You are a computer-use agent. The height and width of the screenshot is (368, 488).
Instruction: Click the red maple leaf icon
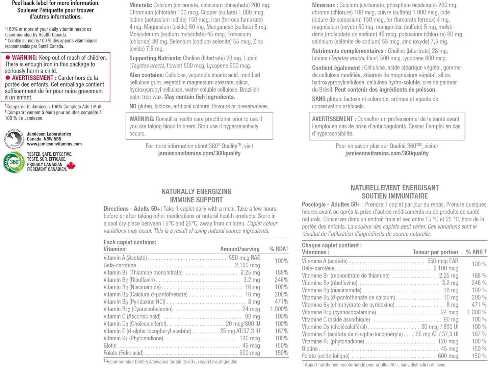[71, 165]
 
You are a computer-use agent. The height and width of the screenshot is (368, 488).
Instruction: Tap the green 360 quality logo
[14, 162]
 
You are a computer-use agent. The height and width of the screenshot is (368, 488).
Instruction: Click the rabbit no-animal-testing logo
[14, 139]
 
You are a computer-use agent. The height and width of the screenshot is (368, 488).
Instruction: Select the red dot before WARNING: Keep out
[8, 58]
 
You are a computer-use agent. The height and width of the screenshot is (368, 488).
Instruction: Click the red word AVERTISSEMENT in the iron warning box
[32, 78]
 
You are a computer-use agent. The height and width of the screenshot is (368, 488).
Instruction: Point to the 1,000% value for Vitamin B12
[279, 309]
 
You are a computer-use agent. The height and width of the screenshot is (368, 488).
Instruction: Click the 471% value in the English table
[281, 301]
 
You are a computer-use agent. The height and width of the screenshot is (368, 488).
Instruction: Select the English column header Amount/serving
[240, 249]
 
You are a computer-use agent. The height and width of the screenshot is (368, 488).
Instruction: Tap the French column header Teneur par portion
[435, 252]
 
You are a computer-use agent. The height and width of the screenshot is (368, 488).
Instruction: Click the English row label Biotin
[110, 346]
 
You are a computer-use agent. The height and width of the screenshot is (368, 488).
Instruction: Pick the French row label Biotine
[310, 349]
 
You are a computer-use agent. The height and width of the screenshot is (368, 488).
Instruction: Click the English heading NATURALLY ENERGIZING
[196, 192]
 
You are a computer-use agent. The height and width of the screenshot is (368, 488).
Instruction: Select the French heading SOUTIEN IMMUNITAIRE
[394, 196]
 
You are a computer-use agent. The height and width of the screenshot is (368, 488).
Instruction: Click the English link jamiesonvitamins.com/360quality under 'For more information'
[199, 153]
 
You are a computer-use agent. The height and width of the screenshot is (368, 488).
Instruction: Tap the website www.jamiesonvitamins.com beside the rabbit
[54, 144]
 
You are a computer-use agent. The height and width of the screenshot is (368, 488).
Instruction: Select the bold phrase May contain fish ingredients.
[200, 97]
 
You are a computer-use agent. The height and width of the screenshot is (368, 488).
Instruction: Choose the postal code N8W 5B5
[52, 139]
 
